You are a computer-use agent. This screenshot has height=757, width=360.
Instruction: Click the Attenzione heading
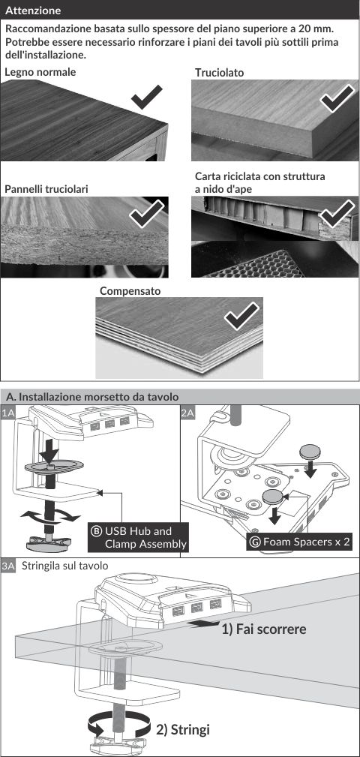(33, 10)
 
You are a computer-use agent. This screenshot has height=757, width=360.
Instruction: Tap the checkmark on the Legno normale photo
(147, 97)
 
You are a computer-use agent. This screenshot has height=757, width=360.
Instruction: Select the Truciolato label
(220, 73)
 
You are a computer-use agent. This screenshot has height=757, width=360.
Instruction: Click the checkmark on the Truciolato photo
(337, 98)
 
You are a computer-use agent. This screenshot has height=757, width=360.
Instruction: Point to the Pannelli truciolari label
(46, 189)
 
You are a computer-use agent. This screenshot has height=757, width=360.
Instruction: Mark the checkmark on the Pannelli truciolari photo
(147, 213)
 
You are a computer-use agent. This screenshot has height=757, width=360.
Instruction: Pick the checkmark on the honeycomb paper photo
(337, 213)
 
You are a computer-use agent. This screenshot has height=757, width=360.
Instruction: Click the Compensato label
(130, 292)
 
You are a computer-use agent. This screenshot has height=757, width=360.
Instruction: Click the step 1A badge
(9, 413)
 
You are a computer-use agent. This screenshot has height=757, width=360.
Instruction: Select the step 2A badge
(188, 413)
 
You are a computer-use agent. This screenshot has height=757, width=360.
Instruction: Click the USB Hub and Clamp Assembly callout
(139, 537)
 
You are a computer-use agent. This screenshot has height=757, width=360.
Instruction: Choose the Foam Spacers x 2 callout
(298, 542)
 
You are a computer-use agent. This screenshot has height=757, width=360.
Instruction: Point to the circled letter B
(96, 531)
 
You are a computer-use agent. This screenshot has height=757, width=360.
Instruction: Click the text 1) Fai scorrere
(263, 629)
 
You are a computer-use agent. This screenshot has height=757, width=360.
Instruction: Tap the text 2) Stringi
(183, 729)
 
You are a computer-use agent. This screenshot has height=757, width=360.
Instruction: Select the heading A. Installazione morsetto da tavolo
(92, 397)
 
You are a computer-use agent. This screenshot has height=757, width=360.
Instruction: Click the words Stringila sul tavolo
(64, 566)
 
